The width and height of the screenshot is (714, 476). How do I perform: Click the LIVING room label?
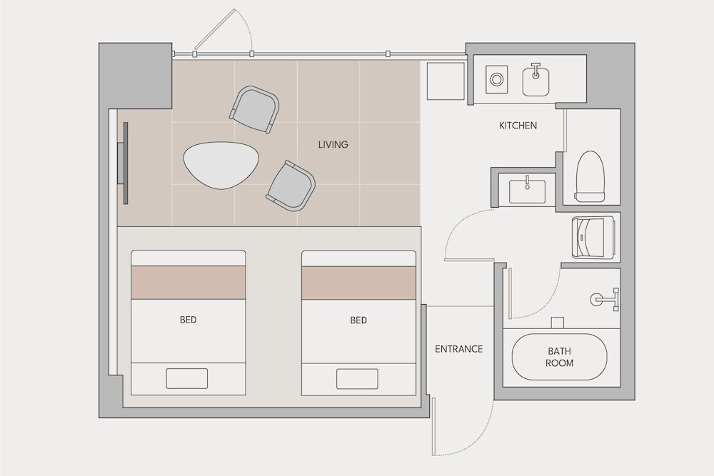[333, 145]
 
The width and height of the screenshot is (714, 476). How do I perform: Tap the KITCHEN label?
[518, 125]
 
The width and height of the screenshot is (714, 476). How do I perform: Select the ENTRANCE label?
[458, 349]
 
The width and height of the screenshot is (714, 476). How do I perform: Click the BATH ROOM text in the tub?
[559, 358]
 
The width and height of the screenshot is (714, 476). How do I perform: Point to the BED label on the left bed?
[188, 320]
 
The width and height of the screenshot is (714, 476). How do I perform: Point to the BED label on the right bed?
[358, 320]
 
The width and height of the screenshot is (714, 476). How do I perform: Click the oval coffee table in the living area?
[221, 165]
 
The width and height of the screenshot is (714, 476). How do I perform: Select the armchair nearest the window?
[255, 109]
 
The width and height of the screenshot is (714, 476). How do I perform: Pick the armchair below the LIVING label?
[291, 186]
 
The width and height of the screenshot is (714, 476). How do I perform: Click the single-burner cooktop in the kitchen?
[496, 80]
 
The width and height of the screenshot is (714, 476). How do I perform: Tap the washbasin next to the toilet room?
[527, 191]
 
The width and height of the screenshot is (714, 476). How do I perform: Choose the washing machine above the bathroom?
[593, 237]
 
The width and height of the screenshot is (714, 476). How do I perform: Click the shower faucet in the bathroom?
[605, 300]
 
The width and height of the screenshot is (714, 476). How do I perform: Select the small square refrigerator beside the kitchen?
[446, 81]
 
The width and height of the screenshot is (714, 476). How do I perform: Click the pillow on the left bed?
[186, 379]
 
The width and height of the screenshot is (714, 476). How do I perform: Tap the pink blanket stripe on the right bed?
[359, 283]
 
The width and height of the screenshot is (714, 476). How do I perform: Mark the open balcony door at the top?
[223, 29]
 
